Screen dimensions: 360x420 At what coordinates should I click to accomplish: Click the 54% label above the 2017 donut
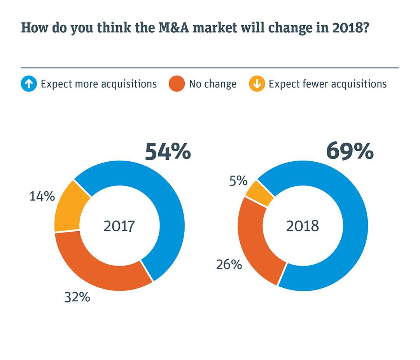coord(168,152)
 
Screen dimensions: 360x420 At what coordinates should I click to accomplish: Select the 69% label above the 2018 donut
coord(350,152)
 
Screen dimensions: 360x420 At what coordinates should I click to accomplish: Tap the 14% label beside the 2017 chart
coord(42,196)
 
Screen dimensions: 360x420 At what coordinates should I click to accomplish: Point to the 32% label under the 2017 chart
coord(77,297)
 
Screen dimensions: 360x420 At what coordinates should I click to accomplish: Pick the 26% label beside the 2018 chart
coord(229,264)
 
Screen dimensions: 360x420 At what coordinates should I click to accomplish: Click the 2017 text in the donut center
coord(119,226)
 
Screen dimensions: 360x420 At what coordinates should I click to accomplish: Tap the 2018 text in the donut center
coord(302,226)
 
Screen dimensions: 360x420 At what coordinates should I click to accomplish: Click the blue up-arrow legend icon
coord(29,84)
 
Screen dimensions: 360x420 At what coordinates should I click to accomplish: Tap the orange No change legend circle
coord(177,84)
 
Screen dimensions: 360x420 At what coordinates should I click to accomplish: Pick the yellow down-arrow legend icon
coord(257,84)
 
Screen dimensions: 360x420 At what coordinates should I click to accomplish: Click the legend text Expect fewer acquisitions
coord(327,84)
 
